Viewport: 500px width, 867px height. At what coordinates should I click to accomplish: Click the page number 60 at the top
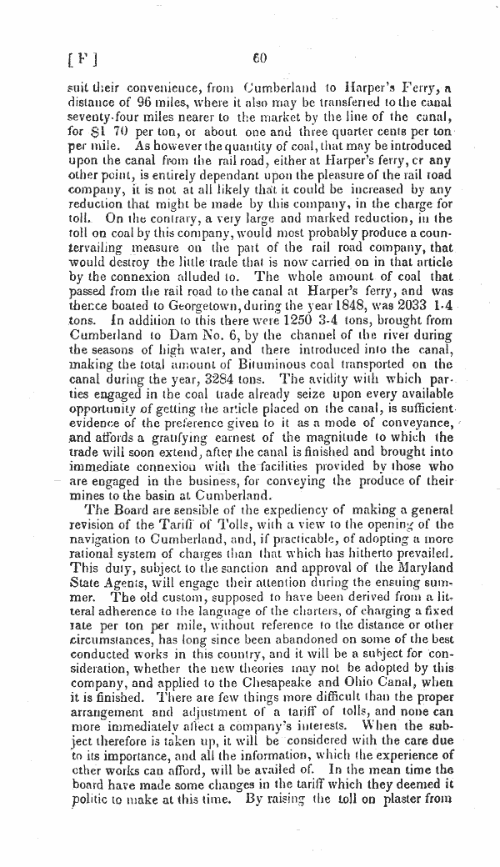[258, 58]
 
